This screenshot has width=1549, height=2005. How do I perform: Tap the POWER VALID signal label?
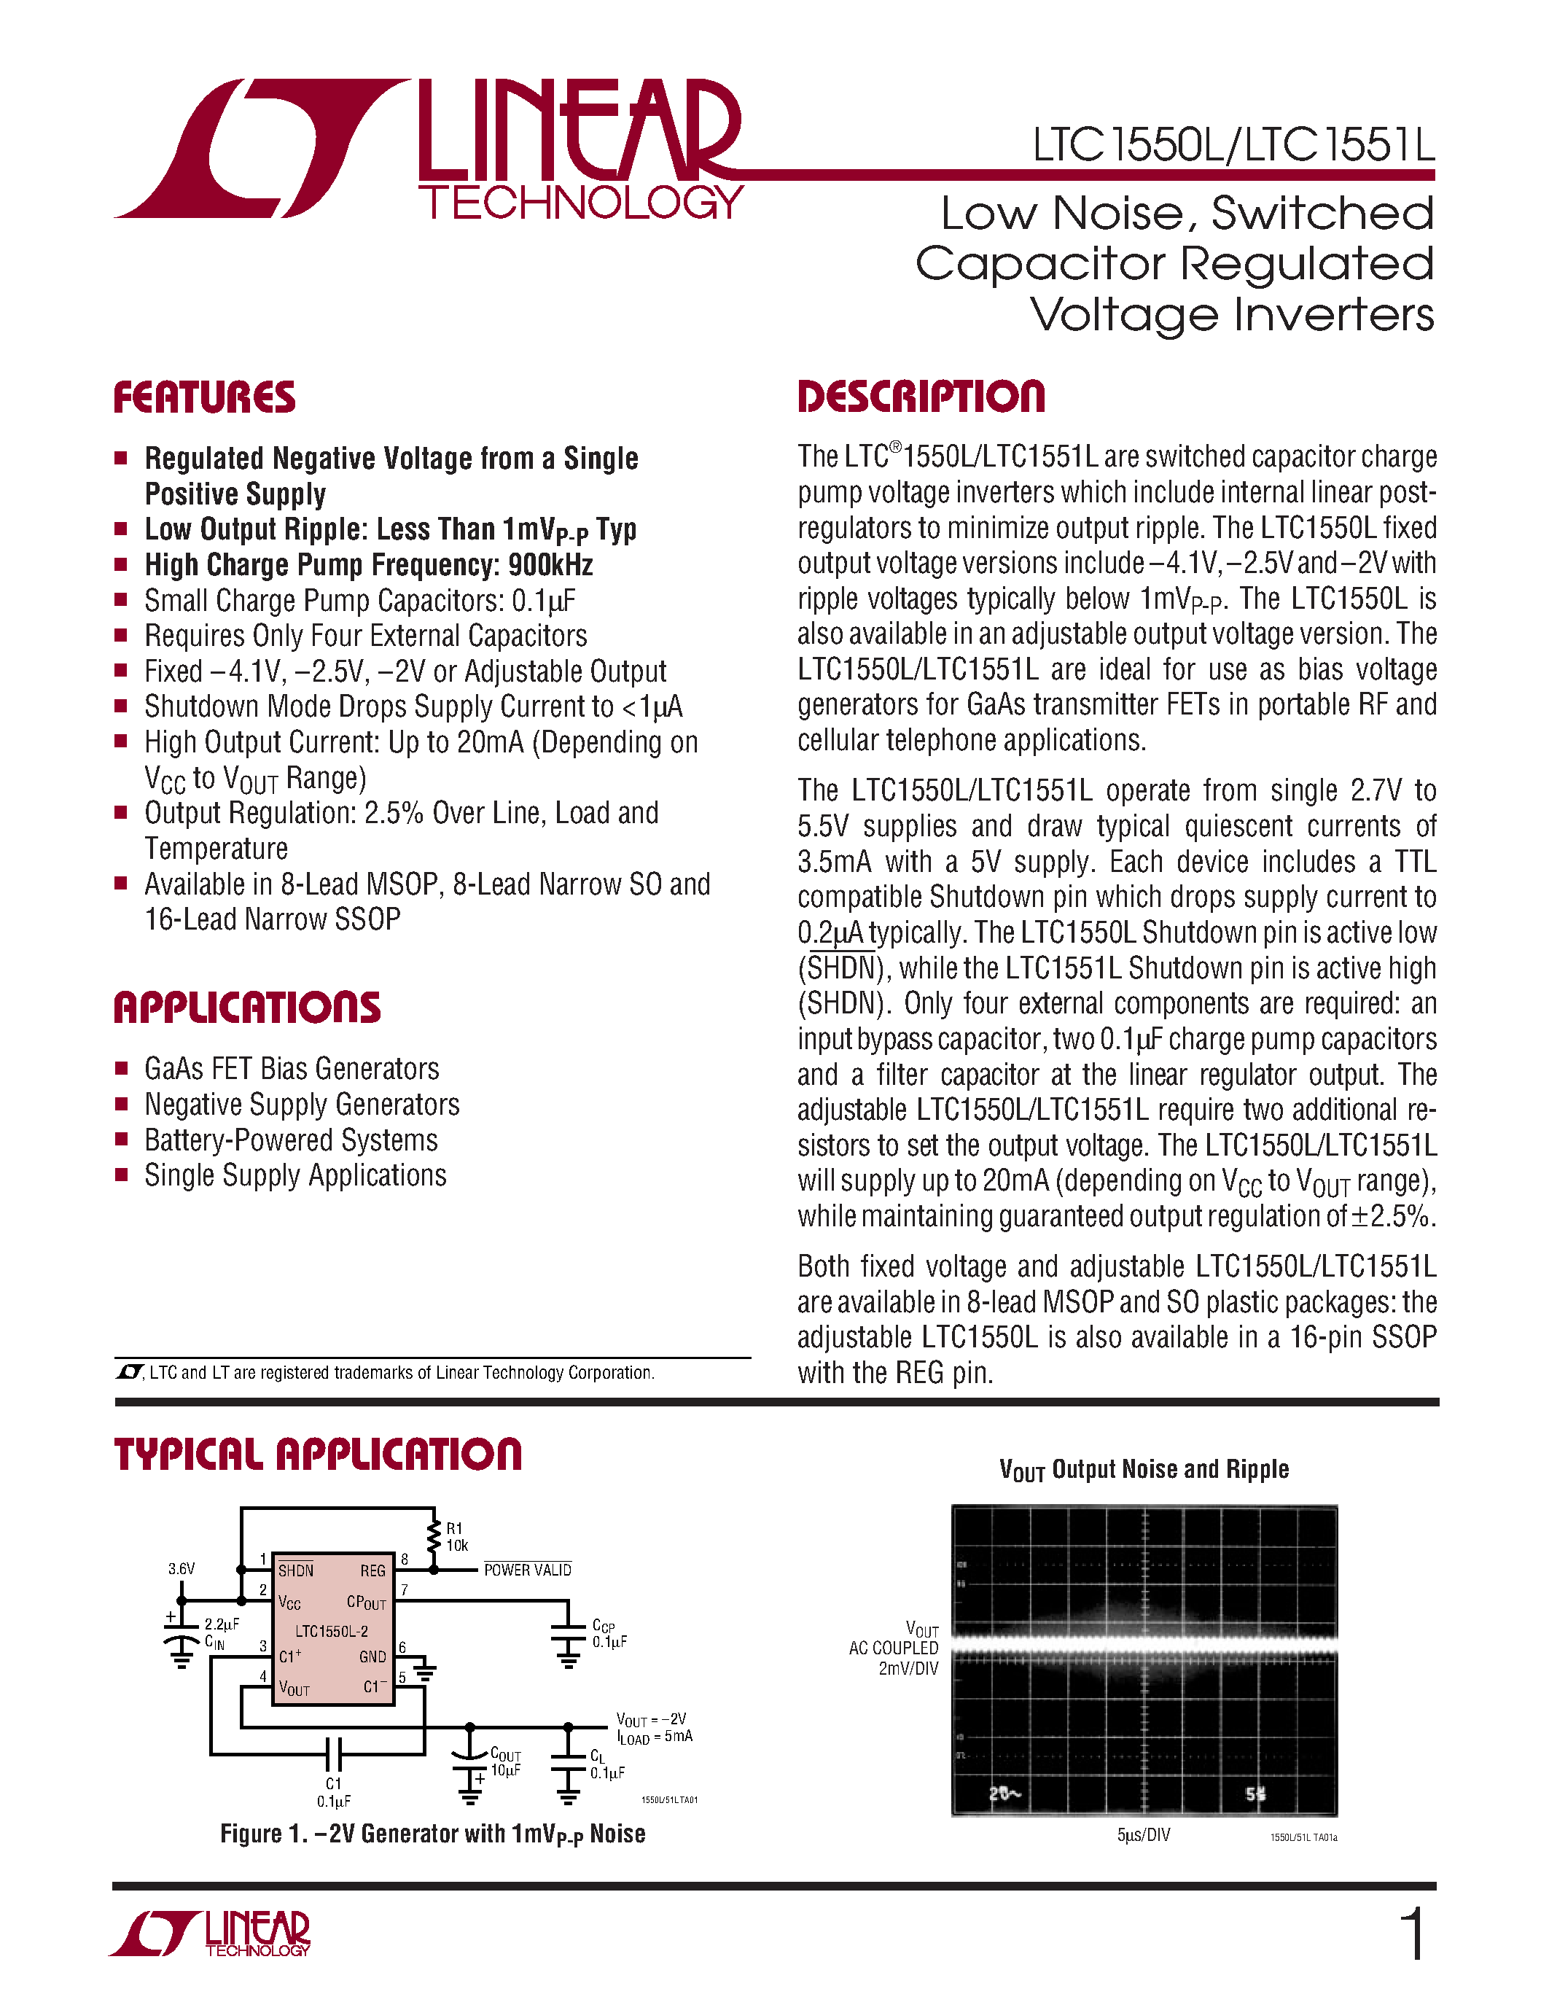[528, 1570]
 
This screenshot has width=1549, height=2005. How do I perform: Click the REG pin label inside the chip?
[372, 1570]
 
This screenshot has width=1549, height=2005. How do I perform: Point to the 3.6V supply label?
[181, 1569]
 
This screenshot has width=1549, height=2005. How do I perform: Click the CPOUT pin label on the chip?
[366, 1602]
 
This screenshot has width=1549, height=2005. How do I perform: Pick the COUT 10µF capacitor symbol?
[470, 1761]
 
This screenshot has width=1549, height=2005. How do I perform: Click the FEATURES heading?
[203, 397]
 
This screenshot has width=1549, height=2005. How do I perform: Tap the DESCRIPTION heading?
[921, 397]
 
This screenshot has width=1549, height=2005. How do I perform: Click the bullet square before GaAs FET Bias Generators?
[120, 1067]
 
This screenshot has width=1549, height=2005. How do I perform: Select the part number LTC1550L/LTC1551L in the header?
[1233, 145]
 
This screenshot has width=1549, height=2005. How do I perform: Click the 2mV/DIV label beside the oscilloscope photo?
[908, 1668]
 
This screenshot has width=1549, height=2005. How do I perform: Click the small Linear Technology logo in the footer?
[211, 1934]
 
